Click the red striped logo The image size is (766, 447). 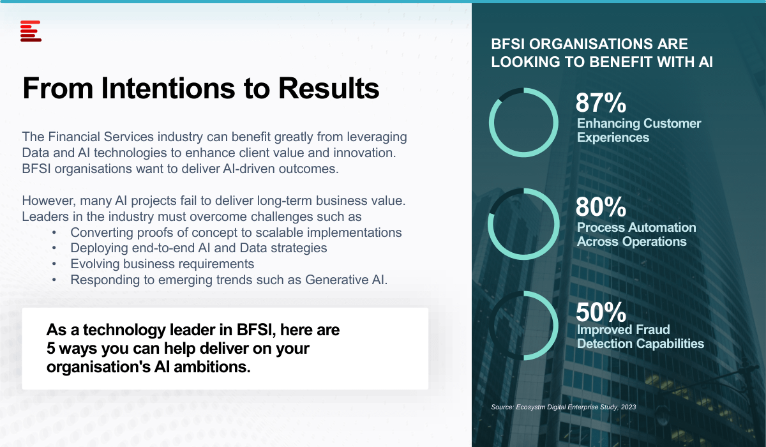[x=31, y=31]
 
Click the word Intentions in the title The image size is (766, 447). [x=168, y=88]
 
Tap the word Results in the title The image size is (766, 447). [x=329, y=88]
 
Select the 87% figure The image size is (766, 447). [x=601, y=103]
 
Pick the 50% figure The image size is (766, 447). [x=601, y=312]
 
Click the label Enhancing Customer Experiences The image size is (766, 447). [x=639, y=130]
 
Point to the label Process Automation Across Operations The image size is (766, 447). [x=636, y=234]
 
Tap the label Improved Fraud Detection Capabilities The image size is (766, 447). [x=640, y=337]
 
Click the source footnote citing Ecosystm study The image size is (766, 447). [x=563, y=407]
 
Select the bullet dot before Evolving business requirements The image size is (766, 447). [x=54, y=264]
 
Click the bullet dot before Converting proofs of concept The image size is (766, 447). [x=54, y=232]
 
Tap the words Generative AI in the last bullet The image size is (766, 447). [x=346, y=280]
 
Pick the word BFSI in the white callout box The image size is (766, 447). [x=256, y=330]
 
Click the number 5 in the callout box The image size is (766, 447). [x=50, y=348]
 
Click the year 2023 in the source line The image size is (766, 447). [x=629, y=407]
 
